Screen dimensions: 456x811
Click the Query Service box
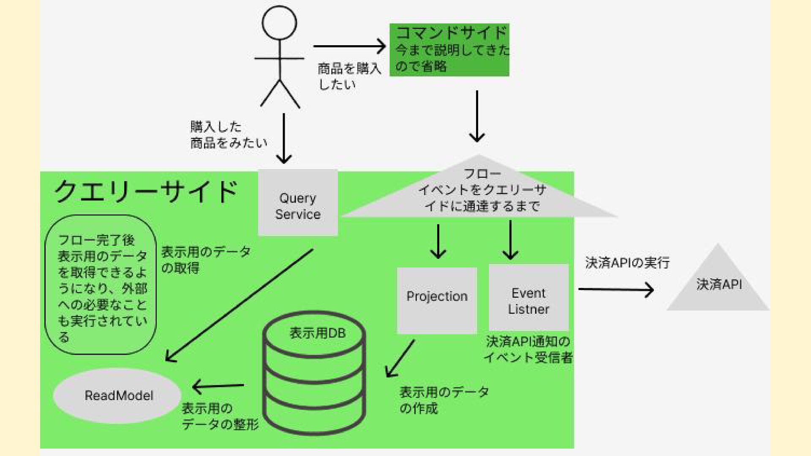click(x=298, y=203)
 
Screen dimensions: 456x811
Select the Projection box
click(x=437, y=300)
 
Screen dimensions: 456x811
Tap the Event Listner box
click(x=528, y=297)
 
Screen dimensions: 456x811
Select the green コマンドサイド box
click(x=449, y=50)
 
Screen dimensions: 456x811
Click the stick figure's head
click(x=279, y=23)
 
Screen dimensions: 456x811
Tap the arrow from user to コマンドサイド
click(x=349, y=46)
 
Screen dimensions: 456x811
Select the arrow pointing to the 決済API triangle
click(x=615, y=289)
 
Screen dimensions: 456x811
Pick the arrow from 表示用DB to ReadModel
click(x=218, y=385)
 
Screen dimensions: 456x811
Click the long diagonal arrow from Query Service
click(x=239, y=305)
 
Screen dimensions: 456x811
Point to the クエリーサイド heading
click(x=146, y=192)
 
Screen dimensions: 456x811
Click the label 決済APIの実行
click(x=627, y=263)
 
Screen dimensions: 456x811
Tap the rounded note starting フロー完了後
click(x=101, y=285)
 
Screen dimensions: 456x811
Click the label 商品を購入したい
click(x=349, y=76)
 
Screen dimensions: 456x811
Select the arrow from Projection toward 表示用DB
click(x=400, y=358)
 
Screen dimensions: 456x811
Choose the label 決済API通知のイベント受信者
click(x=528, y=349)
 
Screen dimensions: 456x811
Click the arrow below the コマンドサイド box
click(x=477, y=116)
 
